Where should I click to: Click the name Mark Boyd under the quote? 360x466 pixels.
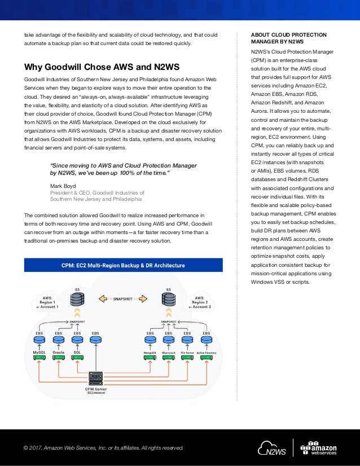(x=63, y=185)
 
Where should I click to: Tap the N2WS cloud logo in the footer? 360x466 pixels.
(x=272, y=447)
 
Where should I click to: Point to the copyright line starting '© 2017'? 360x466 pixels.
(x=103, y=448)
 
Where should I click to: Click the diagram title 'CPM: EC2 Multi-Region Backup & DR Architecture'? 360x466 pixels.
(x=122, y=266)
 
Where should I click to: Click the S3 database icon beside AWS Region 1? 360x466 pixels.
(x=77, y=299)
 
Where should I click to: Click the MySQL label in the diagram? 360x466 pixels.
(x=39, y=352)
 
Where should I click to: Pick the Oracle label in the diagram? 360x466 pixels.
(x=58, y=352)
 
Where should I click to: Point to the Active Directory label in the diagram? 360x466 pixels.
(x=206, y=352)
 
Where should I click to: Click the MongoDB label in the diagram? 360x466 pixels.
(x=150, y=352)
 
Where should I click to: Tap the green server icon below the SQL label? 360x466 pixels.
(x=77, y=358)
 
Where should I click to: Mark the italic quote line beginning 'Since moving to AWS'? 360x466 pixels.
(x=123, y=165)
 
